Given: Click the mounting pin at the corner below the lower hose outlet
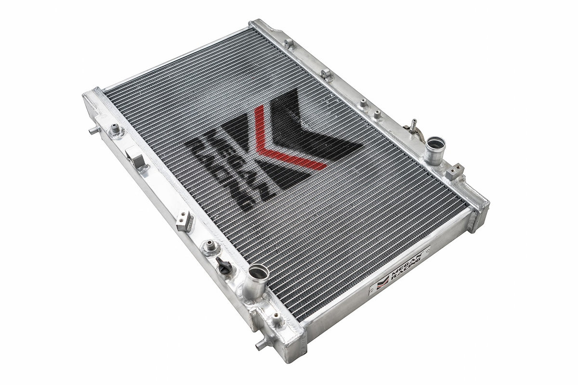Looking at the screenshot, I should [276, 319].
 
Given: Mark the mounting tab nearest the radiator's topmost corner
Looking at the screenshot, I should [289, 44].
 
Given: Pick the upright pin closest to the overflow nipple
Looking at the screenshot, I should [377, 115].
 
